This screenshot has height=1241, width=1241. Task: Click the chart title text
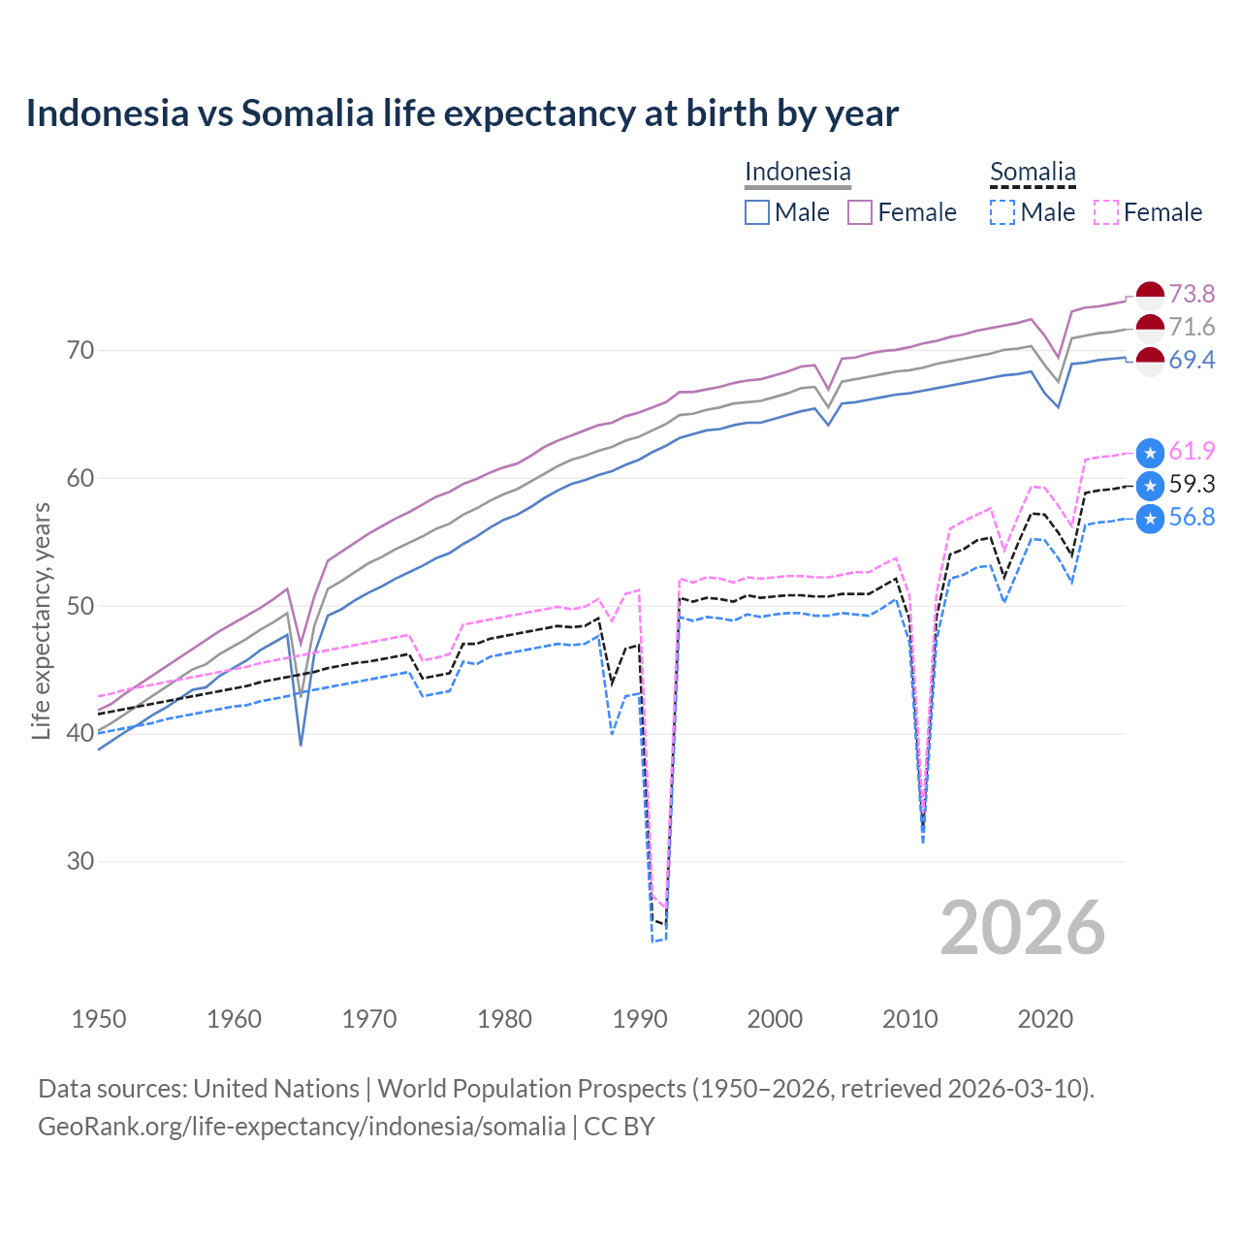tap(461, 113)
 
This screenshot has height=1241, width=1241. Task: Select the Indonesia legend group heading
tap(797, 172)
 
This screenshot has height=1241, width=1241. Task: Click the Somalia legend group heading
tap(1033, 172)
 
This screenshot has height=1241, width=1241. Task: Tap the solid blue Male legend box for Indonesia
tap(757, 212)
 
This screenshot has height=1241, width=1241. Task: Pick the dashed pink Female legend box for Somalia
tap(1106, 212)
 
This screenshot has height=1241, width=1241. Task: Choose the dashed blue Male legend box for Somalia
tap(1002, 212)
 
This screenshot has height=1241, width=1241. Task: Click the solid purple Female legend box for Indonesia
tap(860, 212)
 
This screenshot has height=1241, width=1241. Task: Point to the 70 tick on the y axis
tap(80, 350)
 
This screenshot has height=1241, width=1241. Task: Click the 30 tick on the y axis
tap(80, 861)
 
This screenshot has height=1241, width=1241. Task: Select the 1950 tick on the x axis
tap(99, 1019)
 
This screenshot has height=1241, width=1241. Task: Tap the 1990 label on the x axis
tap(640, 1019)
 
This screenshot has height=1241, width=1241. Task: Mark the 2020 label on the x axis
tap(1045, 1019)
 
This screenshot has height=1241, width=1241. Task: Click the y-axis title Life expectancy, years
tap(41, 620)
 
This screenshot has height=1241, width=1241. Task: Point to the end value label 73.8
tap(1192, 294)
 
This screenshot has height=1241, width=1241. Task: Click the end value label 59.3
tap(1192, 485)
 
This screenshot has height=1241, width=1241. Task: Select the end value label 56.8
tap(1192, 518)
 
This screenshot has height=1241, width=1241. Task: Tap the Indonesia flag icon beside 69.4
tap(1150, 361)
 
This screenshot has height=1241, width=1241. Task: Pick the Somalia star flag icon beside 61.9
tap(1150, 452)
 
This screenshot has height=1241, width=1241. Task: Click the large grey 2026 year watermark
tap(1023, 928)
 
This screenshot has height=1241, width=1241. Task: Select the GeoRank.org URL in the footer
tap(302, 1127)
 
